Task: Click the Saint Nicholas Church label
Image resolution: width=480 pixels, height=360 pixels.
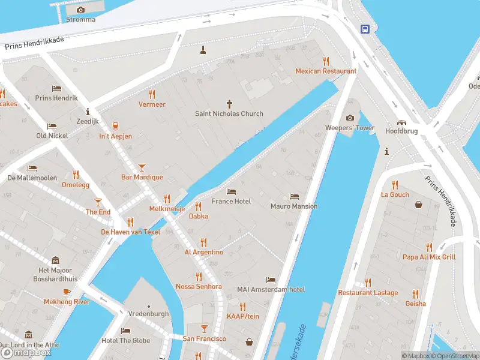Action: pyautogui.click(x=229, y=113)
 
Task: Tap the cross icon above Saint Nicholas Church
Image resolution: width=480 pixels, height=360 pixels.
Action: pyautogui.click(x=229, y=103)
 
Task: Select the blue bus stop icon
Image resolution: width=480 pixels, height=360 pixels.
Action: pyautogui.click(x=364, y=28)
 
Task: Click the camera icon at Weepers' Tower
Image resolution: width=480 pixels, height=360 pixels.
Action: pyautogui.click(x=350, y=118)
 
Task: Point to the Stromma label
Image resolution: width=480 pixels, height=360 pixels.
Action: pyautogui.click(x=81, y=19)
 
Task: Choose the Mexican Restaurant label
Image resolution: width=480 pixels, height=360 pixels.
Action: pyautogui.click(x=326, y=71)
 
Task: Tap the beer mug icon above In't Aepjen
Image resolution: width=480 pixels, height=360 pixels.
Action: pyautogui.click(x=115, y=126)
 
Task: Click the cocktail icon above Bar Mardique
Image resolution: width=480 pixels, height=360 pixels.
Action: pyautogui.click(x=142, y=167)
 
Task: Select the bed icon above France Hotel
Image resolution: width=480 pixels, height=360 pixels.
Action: pyautogui.click(x=231, y=191)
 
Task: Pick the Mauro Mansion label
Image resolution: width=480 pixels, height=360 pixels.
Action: pyautogui.click(x=294, y=206)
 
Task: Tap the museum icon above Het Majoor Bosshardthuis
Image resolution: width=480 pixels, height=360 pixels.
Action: pyautogui.click(x=56, y=260)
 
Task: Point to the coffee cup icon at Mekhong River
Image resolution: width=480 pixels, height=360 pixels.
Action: pyautogui.click(x=67, y=292)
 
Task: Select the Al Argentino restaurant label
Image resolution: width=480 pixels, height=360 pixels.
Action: pyautogui.click(x=203, y=253)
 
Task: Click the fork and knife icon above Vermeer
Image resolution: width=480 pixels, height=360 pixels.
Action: pyautogui.click(x=152, y=94)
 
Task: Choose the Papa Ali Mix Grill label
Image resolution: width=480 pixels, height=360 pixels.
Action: pyautogui.click(x=429, y=257)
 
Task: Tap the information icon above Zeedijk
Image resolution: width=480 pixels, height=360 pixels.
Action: pyautogui.click(x=88, y=112)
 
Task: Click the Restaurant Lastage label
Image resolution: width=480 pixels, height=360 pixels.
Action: pyautogui.click(x=368, y=293)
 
